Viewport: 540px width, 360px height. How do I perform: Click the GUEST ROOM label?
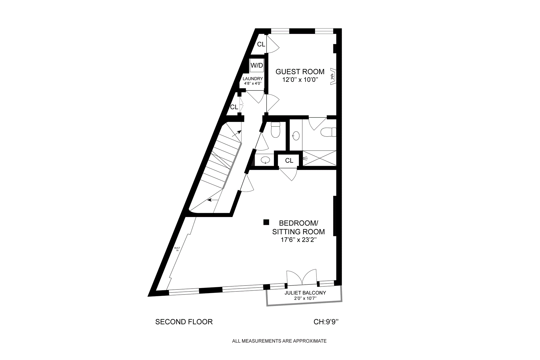[x=300, y=72]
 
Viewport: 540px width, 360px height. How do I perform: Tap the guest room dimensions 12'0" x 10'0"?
[x=300, y=80]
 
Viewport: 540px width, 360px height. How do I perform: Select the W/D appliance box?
[x=256, y=65]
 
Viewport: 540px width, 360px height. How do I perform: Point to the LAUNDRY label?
[x=253, y=79]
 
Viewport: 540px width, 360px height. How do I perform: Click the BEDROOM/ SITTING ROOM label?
[x=298, y=227]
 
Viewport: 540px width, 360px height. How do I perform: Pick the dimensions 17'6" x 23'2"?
[x=299, y=240]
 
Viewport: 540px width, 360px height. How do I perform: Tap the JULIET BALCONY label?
[x=305, y=293]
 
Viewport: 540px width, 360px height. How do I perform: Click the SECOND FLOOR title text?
[x=184, y=322]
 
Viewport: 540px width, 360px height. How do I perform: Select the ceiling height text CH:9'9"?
[x=326, y=322]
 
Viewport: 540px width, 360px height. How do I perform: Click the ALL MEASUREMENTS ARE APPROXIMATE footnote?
[x=279, y=341]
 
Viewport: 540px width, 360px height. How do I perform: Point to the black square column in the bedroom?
[x=266, y=222]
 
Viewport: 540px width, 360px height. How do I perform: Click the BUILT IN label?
[x=177, y=249]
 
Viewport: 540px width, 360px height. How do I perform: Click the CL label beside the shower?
[x=289, y=160]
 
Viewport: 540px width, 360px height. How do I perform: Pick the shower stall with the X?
[x=319, y=158]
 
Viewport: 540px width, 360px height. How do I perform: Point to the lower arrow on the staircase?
[x=213, y=200]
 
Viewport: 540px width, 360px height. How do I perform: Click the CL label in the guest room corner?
[x=261, y=44]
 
